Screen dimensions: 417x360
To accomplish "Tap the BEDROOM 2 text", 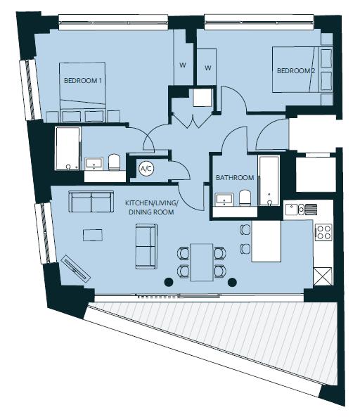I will coord(295,71).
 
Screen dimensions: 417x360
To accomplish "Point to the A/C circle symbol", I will coord(146,169).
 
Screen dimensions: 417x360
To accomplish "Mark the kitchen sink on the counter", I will coord(302,209).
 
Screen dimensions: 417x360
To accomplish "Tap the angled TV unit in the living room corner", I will coord(75,267).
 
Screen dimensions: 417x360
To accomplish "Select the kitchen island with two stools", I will coord(266,240).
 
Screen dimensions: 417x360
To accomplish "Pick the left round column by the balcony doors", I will coord(169,283).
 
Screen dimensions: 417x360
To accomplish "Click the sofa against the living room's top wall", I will coord(91,203).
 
